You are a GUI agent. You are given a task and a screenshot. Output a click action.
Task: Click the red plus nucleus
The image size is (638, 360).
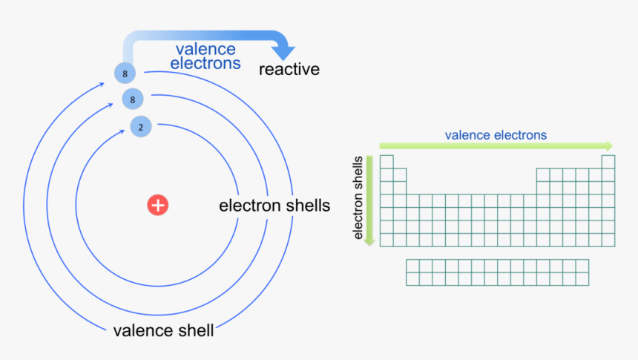[x=158, y=205]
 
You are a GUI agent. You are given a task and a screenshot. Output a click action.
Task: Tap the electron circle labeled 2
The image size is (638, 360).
[x=141, y=127]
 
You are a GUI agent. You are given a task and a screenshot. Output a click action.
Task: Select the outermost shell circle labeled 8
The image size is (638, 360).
[x=125, y=73]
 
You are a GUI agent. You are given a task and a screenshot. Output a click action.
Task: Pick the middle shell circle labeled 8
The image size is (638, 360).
[x=133, y=99]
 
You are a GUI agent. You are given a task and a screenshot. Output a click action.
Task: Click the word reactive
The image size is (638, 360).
[x=289, y=69]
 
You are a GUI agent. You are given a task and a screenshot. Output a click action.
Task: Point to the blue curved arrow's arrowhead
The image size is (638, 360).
[x=283, y=52]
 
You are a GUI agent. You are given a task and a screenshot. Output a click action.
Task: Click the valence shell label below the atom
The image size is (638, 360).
[x=163, y=330]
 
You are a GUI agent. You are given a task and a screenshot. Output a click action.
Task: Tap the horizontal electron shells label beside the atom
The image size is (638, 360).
[x=274, y=206]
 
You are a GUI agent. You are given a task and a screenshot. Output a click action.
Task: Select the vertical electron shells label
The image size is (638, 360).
[x=358, y=197]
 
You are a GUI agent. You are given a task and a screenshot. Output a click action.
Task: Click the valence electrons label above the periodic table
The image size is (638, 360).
[x=496, y=135]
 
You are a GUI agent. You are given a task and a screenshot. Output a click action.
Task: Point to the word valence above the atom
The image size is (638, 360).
[x=205, y=49]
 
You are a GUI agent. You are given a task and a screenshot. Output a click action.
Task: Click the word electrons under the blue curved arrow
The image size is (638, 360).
[x=205, y=63]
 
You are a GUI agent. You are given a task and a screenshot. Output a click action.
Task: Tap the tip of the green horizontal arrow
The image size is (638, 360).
[x=612, y=145]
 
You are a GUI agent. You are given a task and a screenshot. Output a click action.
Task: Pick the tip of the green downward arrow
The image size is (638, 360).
[x=369, y=246]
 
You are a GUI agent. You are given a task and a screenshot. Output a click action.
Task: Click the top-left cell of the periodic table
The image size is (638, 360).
[x=387, y=162]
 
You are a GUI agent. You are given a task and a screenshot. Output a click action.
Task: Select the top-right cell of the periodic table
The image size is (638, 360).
[x=608, y=162]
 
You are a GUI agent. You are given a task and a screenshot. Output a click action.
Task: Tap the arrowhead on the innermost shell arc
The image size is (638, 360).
[x=122, y=131]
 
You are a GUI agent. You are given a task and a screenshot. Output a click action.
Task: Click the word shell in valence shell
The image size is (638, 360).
[x=194, y=330]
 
